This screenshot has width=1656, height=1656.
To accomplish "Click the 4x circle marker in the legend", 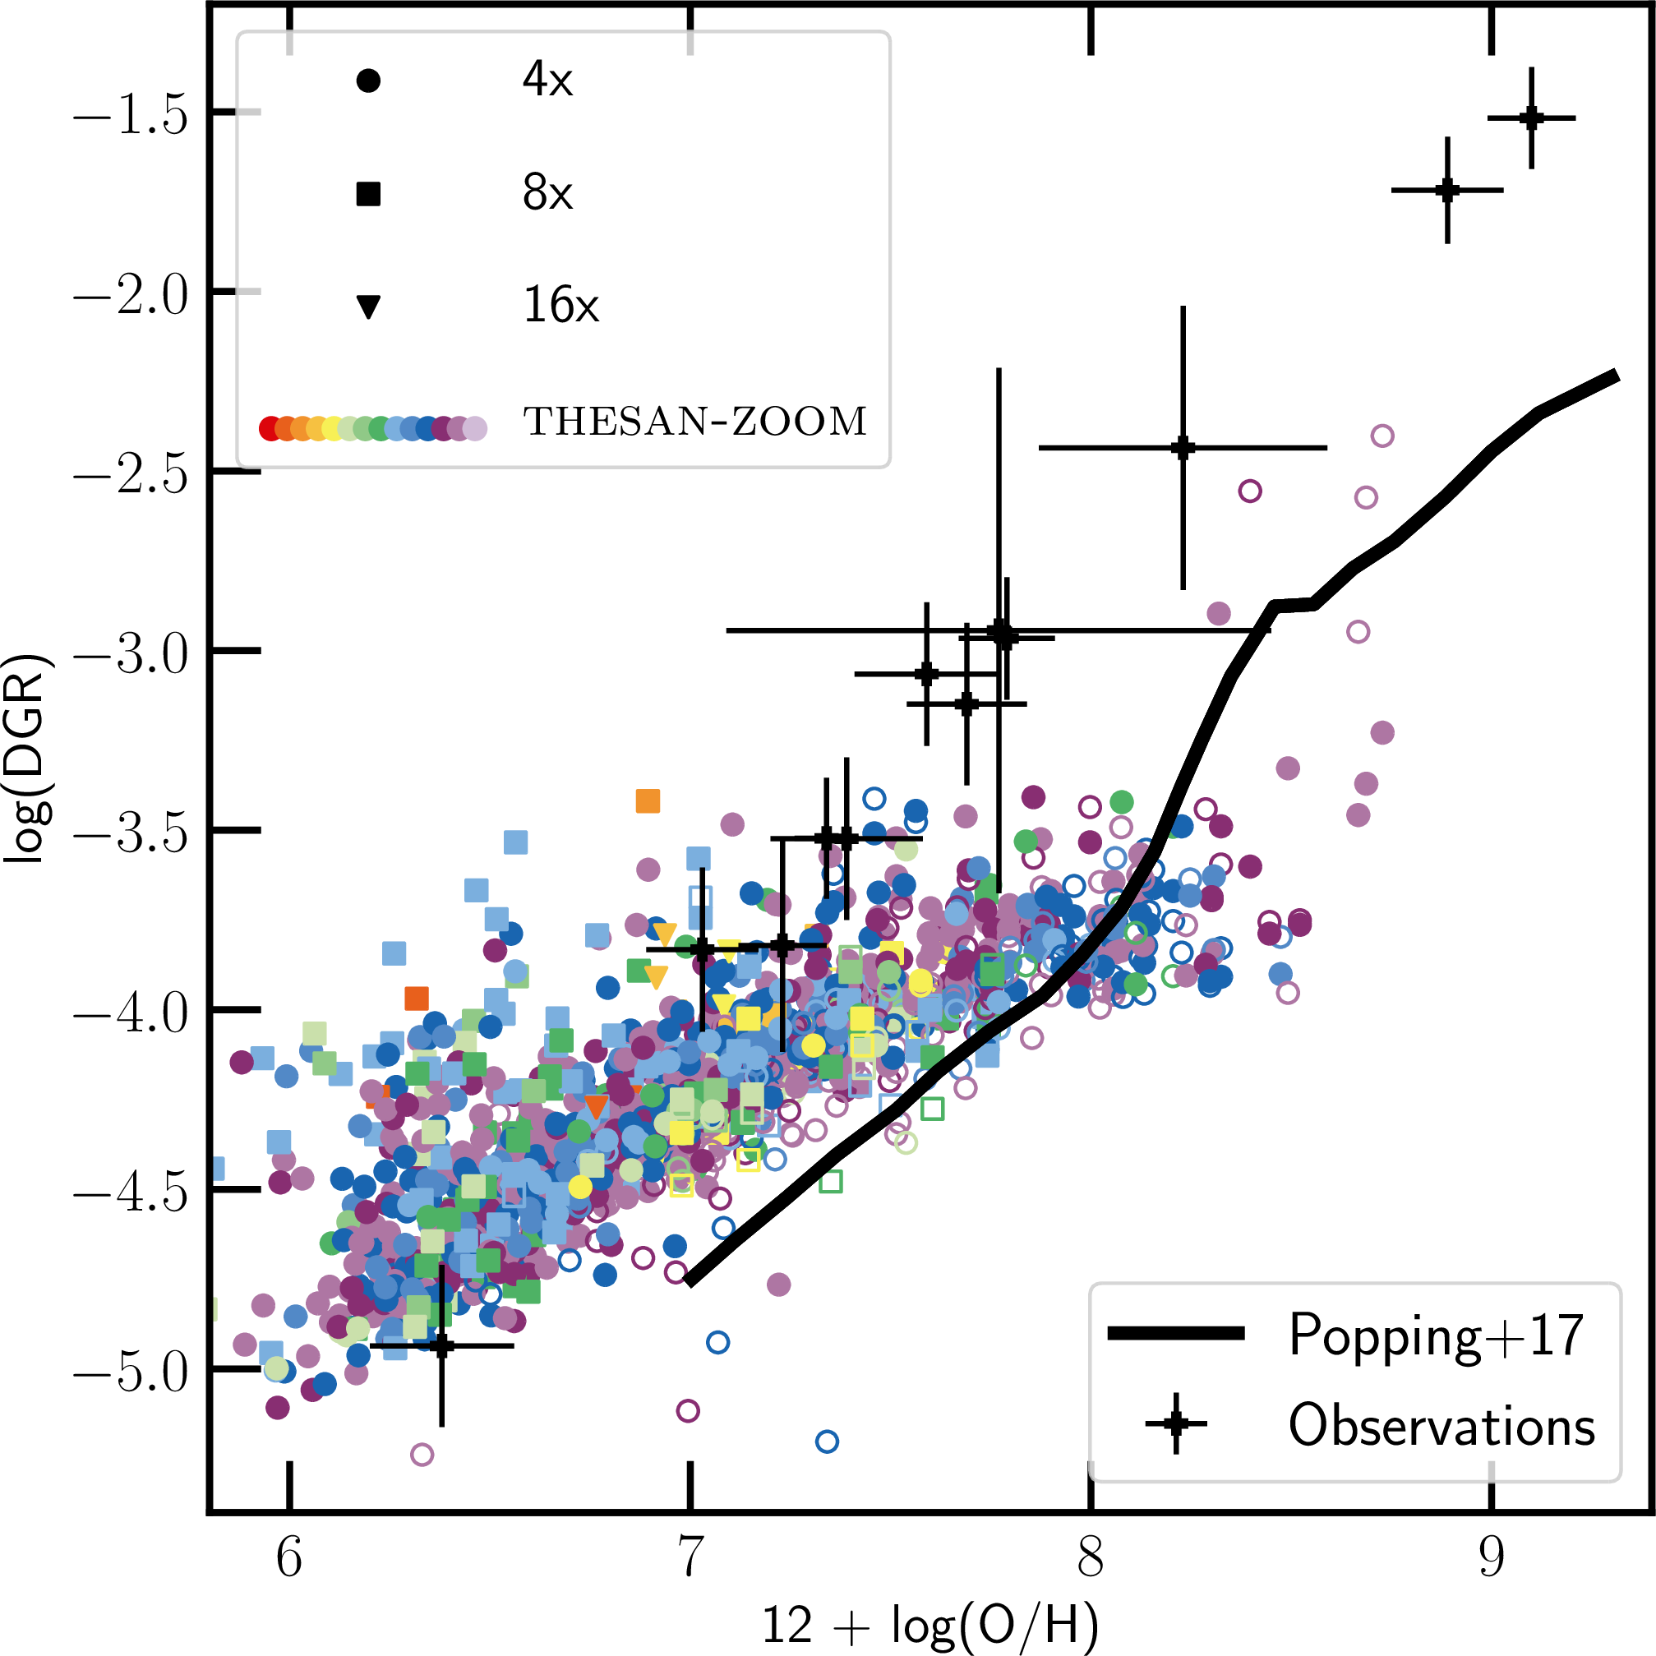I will [x=368, y=81].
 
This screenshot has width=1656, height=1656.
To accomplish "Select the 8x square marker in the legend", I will [x=368, y=194].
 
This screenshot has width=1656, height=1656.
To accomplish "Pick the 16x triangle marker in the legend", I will [x=368, y=306].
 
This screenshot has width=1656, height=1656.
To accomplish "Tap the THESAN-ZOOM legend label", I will [x=695, y=422].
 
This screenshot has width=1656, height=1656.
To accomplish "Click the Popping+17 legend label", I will [x=1437, y=1335].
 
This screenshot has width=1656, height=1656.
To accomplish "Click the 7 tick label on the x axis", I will [x=690, y=1556].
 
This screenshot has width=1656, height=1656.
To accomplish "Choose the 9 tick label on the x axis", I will [x=1492, y=1556].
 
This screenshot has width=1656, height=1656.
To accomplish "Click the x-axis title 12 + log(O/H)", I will [x=930, y=1624].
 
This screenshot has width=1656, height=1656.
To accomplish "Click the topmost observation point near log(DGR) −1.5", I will [x=1531, y=118].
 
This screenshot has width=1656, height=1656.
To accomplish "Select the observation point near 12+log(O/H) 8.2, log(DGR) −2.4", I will [x=1183, y=447].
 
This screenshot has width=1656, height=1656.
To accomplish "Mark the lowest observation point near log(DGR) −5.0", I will [x=441, y=1345].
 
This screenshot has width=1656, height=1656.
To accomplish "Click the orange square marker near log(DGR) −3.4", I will [x=648, y=801].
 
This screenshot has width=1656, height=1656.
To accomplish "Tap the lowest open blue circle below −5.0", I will [x=826, y=1442].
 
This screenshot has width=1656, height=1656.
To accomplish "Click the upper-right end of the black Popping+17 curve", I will [x=1616, y=375].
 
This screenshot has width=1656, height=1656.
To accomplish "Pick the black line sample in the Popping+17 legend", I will [x=1176, y=1333].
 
